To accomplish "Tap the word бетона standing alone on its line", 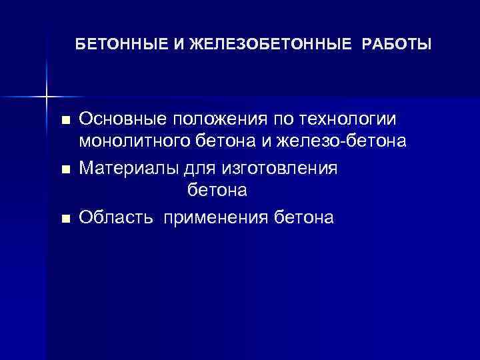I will coord(217,191).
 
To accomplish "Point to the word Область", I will coord(111,217).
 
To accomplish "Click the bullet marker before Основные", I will coord(65,120).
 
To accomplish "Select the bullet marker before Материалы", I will coord(65,170).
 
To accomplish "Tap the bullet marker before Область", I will coord(65,219).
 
